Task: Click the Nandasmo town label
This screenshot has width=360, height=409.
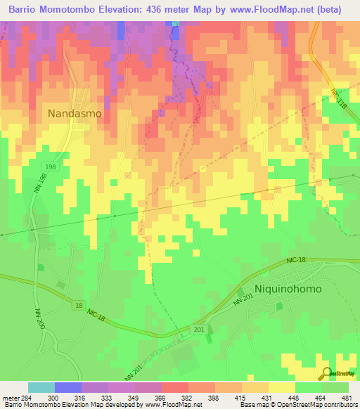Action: tap(75, 112)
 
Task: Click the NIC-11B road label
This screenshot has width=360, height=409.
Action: tap(339, 98)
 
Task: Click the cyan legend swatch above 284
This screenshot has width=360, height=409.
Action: tap(41, 387)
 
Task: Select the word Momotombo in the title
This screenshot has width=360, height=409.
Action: tap(72, 9)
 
